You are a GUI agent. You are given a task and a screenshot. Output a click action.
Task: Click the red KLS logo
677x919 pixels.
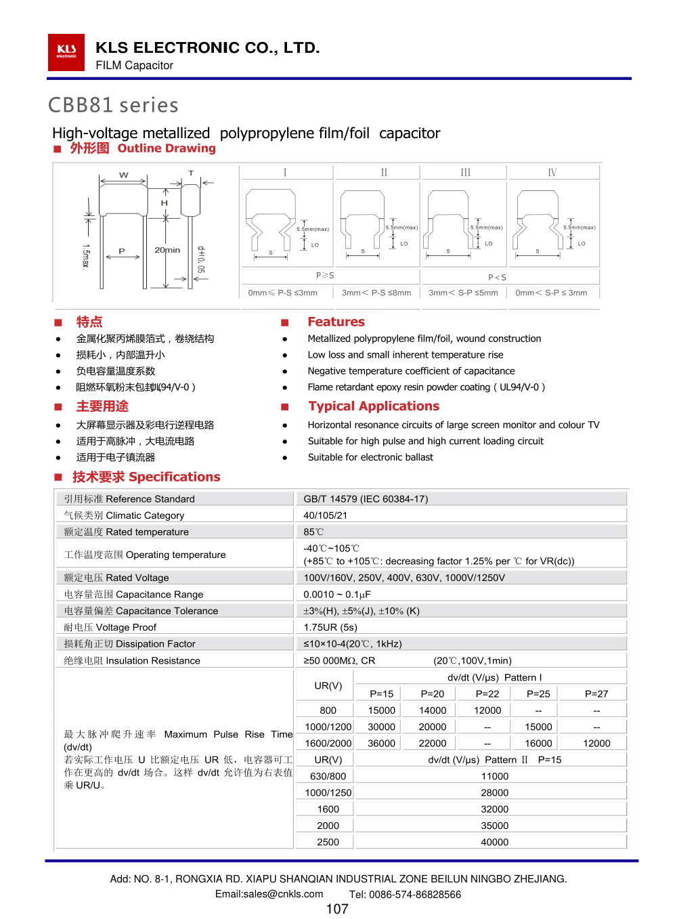point(66,52)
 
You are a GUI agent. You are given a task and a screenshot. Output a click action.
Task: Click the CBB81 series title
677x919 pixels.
point(113,105)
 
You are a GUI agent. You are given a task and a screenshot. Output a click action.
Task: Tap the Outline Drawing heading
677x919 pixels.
point(166,148)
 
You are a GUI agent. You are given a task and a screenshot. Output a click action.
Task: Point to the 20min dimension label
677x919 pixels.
point(167,250)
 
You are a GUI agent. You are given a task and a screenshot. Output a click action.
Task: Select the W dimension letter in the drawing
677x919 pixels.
point(124,175)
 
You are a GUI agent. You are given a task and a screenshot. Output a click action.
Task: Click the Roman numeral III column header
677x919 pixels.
point(465,173)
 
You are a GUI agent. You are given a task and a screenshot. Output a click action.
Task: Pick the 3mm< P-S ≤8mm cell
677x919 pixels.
point(376,293)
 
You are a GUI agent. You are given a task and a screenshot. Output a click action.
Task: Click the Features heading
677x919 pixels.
point(336,322)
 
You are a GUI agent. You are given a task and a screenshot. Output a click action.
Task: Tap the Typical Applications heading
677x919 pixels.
point(374,406)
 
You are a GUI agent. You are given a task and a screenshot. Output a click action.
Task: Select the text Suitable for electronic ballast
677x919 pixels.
point(370,457)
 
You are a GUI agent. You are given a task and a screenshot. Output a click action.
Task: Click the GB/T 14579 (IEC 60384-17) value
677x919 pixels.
point(366,499)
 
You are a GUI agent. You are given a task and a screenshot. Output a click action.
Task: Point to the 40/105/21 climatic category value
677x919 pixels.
point(325,515)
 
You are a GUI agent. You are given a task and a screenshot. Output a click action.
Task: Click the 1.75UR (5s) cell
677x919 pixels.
point(330,627)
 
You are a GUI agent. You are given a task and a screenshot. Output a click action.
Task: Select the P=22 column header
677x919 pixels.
point(487,693)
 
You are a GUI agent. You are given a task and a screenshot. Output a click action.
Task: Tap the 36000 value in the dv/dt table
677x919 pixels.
point(382,743)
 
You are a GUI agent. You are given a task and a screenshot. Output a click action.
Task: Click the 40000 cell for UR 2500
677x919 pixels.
point(495,842)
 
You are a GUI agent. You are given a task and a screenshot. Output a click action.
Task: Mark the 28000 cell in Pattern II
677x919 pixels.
point(495,792)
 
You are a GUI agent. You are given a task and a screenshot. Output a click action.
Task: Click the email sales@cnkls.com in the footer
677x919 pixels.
point(269,894)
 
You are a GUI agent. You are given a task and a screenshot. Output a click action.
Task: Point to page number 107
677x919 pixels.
point(337,909)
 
